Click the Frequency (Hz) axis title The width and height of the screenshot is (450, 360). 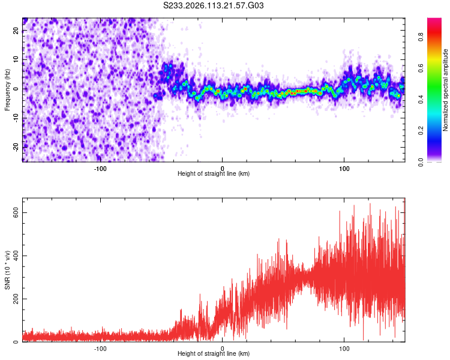(7, 89)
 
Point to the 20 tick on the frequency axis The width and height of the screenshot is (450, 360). (16, 31)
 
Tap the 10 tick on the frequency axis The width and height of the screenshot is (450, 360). (16, 60)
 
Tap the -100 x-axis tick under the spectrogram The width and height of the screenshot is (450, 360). (100, 169)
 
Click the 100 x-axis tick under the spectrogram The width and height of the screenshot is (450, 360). (344, 169)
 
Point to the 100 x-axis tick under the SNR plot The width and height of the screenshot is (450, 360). (344, 349)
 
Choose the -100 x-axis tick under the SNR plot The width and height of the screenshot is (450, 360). (100, 349)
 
